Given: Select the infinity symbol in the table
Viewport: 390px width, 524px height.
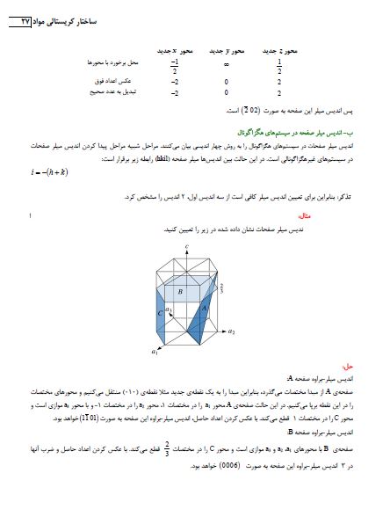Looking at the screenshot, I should point(227,64).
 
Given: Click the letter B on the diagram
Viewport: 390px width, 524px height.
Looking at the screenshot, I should point(179,291).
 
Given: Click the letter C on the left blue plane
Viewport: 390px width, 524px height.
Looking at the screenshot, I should point(159,313).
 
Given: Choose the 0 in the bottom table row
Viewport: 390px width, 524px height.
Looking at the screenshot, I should point(227,91).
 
